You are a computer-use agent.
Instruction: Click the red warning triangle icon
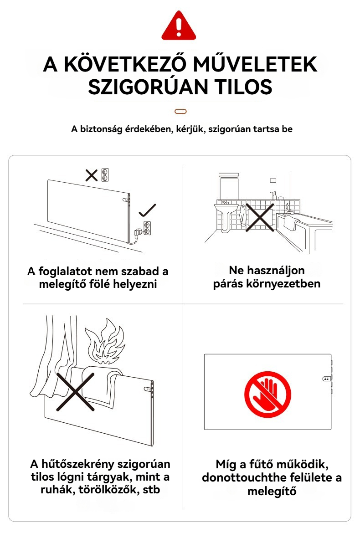pos(179,26)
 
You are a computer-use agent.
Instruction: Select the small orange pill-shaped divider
pos(180,111)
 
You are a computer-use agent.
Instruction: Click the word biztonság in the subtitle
pos(101,129)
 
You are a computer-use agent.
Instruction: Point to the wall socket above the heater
pos(105,175)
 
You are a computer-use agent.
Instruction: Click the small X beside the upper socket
pos(92,175)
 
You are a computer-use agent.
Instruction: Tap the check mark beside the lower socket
pos(148,210)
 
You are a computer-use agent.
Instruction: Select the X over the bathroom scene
pos(260,218)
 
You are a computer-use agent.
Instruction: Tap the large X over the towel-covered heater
pos(75,392)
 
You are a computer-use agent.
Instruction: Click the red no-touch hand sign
pos(268,395)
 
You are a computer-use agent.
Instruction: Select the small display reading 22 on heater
pos(326,378)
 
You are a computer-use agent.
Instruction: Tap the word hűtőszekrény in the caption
pos(90,464)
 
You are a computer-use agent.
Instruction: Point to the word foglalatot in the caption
pos(65,271)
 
